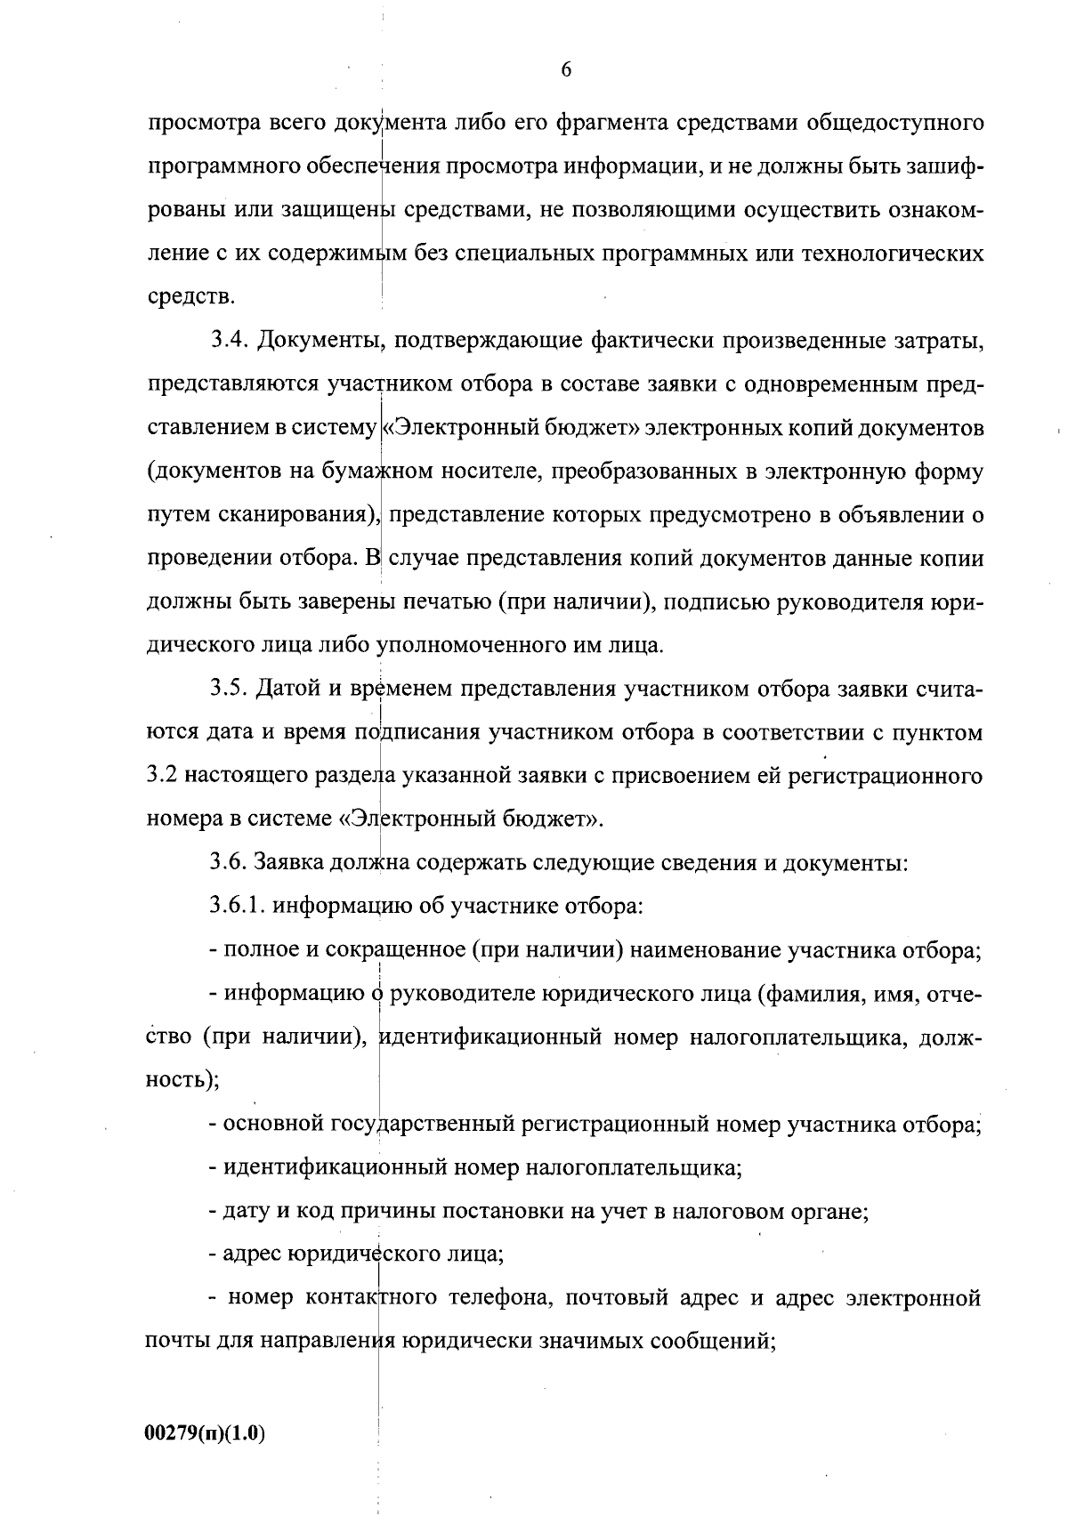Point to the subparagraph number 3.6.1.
[238, 906]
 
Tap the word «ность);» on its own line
[182, 1080]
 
